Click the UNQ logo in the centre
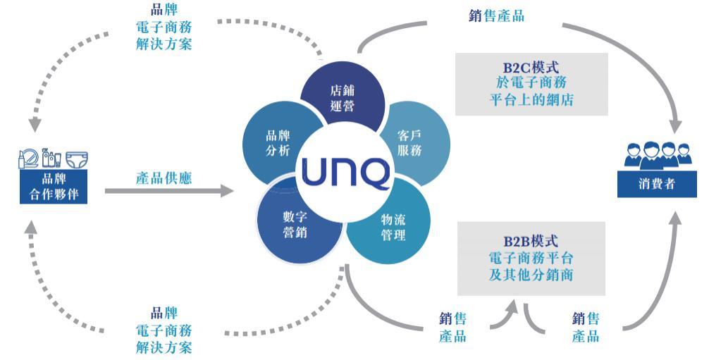[345, 171]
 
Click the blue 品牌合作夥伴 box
[54, 187]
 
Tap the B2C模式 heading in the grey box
[531, 68]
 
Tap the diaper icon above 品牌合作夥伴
[75, 159]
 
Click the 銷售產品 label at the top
[496, 15]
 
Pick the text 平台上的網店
[531, 99]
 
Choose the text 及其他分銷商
[531, 273]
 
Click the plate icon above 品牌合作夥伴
[29, 159]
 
